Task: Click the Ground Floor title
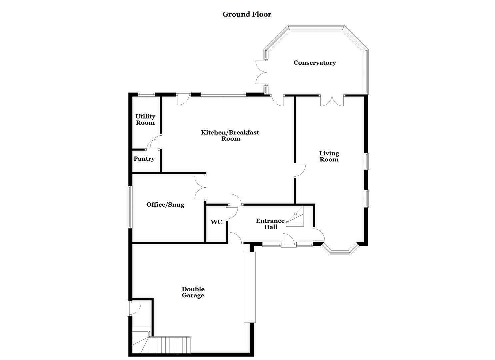point(247,14)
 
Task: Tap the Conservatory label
point(314,63)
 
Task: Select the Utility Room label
point(145,119)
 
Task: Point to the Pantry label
point(144,159)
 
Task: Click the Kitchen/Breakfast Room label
point(230,135)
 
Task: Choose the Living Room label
point(329,156)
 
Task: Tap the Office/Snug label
point(165,205)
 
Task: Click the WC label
point(216,222)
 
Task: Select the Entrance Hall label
point(270,224)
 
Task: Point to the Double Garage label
point(193,292)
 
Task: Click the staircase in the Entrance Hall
point(296,217)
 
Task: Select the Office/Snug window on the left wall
point(130,207)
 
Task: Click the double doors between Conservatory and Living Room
point(332,100)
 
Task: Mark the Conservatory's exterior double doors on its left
point(261,72)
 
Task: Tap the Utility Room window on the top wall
point(147,94)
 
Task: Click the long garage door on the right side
point(250,287)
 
